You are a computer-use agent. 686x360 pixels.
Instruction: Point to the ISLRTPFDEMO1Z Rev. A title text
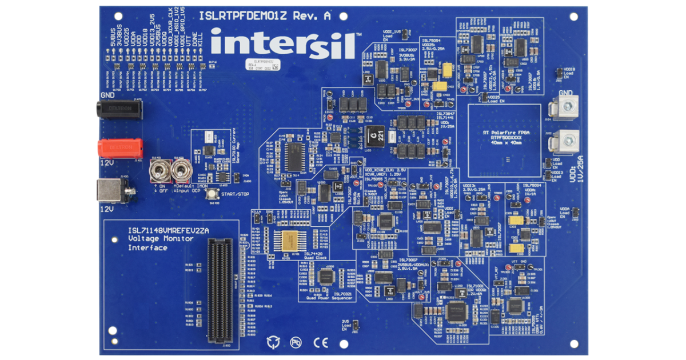point(264,16)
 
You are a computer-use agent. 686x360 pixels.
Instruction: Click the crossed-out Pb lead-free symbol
point(296,342)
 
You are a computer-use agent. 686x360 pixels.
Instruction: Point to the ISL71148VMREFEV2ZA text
point(168,230)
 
